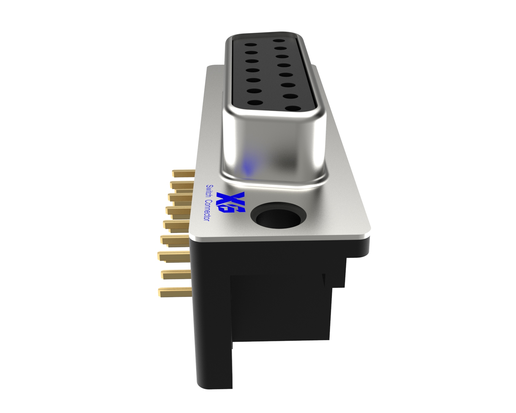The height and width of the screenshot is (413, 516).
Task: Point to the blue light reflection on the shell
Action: [x=248, y=168]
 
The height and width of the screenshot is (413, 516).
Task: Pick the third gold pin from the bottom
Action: [x=174, y=256]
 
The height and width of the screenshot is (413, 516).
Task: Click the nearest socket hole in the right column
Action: [x=293, y=109]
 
